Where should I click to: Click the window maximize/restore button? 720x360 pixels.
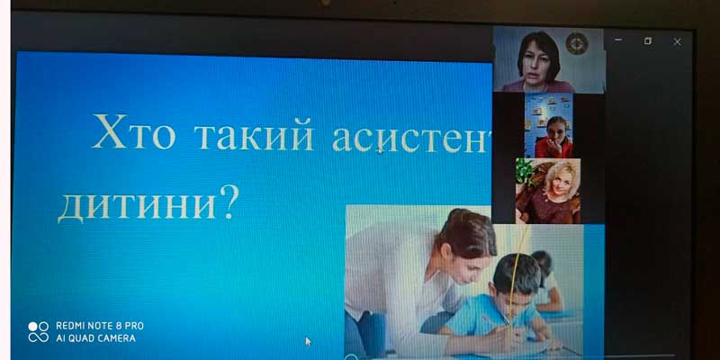pyautogui.click(x=647, y=40)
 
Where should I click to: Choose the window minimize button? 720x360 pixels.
pyautogui.click(x=618, y=40)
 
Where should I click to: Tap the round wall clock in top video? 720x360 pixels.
pyautogui.click(x=577, y=44)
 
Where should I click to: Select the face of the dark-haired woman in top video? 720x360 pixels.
pyautogui.click(x=538, y=62)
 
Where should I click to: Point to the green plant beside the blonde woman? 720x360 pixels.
pyautogui.click(x=525, y=172)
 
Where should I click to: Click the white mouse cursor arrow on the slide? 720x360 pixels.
pyautogui.click(x=308, y=341)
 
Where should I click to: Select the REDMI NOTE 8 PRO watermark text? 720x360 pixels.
pyautogui.click(x=100, y=326)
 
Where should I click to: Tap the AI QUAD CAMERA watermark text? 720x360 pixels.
pyautogui.click(x=95, y=338)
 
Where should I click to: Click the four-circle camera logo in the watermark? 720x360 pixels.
pyautogui.click(x=38, y=332)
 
